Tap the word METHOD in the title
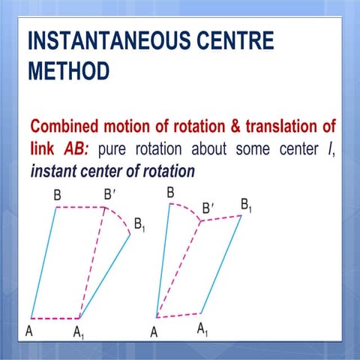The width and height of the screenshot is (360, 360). coord(68,72)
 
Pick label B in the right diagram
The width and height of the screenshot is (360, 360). coord(170,193)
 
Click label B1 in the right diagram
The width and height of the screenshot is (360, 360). coord(246,204)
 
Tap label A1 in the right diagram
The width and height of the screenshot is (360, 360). coord(202,328)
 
